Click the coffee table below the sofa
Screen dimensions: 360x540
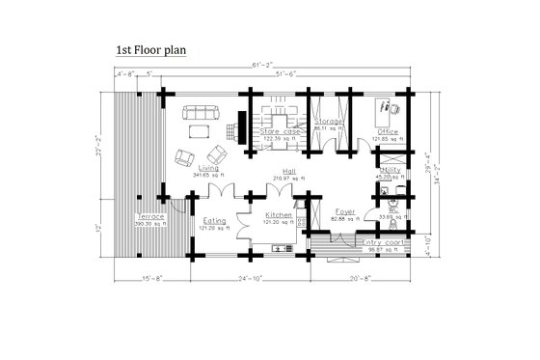coord(201,129)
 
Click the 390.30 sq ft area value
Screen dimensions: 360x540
coord(151,224)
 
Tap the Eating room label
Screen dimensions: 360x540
coord(213,220)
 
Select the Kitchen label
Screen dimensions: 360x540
coord(278,213)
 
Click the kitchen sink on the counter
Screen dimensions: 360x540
coord(282,249)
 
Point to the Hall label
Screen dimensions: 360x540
coord(287,171)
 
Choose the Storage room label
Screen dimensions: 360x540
coord(329,121)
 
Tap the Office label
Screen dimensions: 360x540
coord(388,131)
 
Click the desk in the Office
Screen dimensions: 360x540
coord(391,107)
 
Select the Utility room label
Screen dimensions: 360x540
coord(390,169)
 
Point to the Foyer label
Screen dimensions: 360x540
coord(344,210)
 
